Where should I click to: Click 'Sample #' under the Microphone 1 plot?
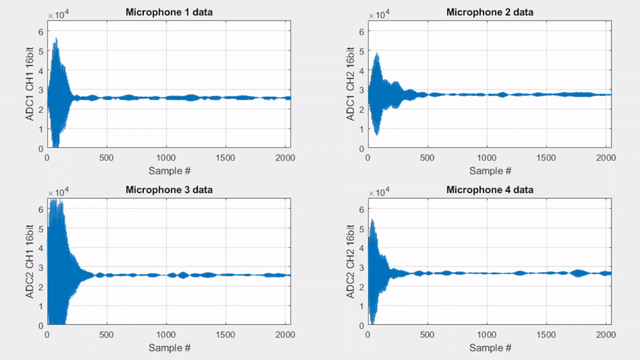pyautogui.click(x=168, y=170)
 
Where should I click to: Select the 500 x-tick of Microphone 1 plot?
pyautogui.click(x=106, y=158)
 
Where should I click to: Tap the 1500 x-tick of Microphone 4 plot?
pyautogui.click(x=547, y=335)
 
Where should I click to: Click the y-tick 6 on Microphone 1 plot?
pyautogui.click(x=40, y=32)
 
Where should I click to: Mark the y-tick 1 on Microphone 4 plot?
pyautogui.click(x=362, y=306)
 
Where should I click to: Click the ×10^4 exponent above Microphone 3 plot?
pyautogui.click(x=57, y=194)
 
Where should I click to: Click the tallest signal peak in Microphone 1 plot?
pyautogui.click(x=56, y=38)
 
